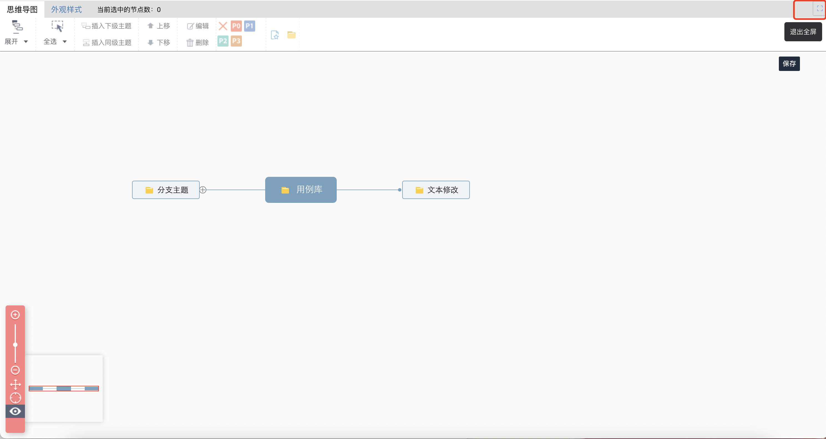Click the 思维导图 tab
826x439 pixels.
pos(22,10)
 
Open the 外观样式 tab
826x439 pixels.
pos(66,10)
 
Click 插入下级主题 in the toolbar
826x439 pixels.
pos(107,26)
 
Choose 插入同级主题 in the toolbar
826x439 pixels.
pos(107,43)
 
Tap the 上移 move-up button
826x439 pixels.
pos(159,26)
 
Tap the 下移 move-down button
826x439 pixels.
pos(159,43)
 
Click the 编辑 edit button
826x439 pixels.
pos(198,26)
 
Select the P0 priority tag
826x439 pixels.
pos(236,26)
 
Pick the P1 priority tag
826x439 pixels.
pos(249,26)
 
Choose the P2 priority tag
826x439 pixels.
pos(223,41)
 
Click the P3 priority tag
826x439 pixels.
pos(236,41)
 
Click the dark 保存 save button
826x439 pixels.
pos(789,64)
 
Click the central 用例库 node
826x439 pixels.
pos(301,190)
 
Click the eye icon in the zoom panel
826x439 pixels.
pos(15,411)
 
